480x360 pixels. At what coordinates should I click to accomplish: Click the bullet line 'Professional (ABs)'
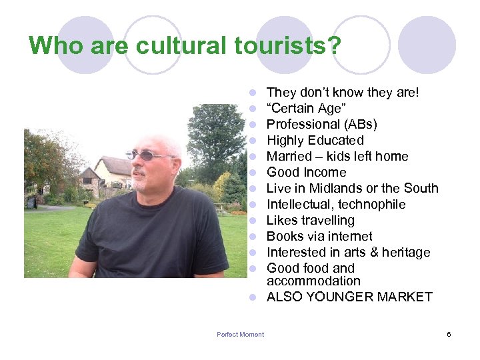tap(322, 125)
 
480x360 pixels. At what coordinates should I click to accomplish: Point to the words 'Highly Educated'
tap(315, 141)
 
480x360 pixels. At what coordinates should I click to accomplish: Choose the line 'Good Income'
tap(307, 173)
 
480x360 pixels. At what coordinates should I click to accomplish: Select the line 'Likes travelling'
tap(311, 221)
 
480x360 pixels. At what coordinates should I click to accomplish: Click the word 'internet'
tap(347, 237)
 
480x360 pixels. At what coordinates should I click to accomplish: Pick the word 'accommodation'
tap(313, 281)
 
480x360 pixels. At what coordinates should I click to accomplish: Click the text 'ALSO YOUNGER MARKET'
tap(349, 297)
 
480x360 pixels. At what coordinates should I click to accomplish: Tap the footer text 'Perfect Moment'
tap(240, 335)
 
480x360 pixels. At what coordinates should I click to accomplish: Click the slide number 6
tap(449, 334)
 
